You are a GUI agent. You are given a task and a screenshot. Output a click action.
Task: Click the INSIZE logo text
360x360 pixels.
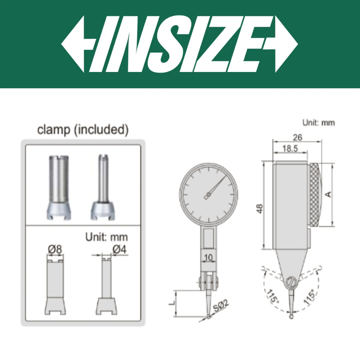pyautogui.click(x=180, y=44)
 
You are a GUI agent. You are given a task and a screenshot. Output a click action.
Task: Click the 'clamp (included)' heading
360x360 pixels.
pyautogui.click(x=83, y=129)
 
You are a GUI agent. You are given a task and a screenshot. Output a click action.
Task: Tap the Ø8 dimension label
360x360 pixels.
pyautogui.click(x=55, y=249)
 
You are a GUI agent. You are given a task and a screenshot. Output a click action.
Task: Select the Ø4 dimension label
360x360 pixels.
pyautogui.click(x=120, y=249)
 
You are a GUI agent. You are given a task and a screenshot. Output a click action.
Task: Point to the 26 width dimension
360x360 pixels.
pyautogui.click(x=297, y=137)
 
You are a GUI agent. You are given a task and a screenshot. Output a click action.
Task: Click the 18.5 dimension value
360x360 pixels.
pyautogui.click(x=290, y=149)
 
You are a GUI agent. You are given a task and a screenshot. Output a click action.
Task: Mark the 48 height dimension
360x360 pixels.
pyautogui.click(x=259, y=208)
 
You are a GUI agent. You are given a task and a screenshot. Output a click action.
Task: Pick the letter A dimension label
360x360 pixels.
pyautogui.click(x=329, y=194)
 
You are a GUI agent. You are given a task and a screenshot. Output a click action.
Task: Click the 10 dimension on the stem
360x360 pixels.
pyautogui.click(x=208, y=258)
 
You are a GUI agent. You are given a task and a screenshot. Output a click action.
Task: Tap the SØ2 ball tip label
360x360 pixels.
pyautogui.click(x=221, y=306)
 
